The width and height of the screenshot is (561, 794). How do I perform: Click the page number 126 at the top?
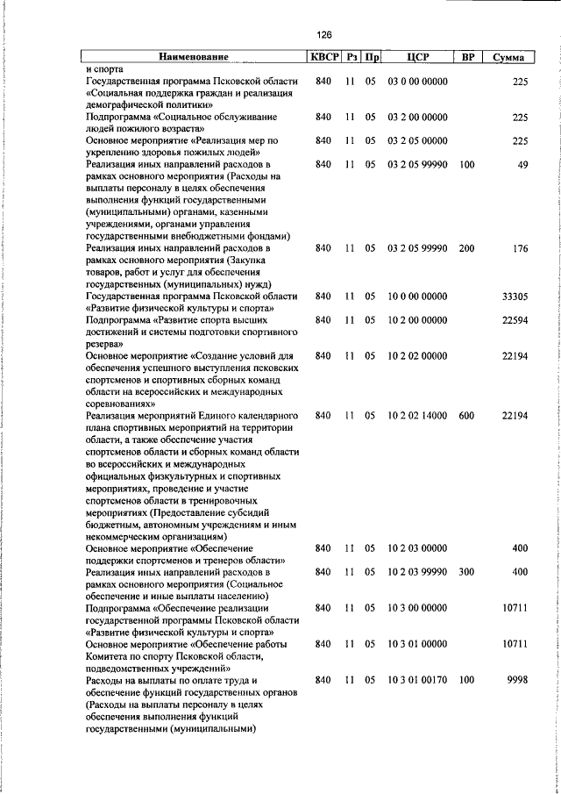[324, 35]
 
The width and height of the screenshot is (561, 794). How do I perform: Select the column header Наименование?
[194, 58]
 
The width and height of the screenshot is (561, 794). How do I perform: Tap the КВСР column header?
[323, 58]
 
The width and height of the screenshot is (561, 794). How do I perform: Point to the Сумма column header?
[508, 58]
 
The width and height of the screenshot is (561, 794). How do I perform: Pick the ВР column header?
[467, 58]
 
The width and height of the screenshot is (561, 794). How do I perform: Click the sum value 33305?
[514, 297]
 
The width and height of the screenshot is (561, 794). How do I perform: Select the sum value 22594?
[514, 321]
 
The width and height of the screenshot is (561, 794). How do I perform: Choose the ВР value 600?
[466, 416]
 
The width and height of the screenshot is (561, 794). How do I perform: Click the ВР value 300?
[466, 572]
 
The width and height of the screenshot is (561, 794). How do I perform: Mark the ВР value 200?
[466, 249]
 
